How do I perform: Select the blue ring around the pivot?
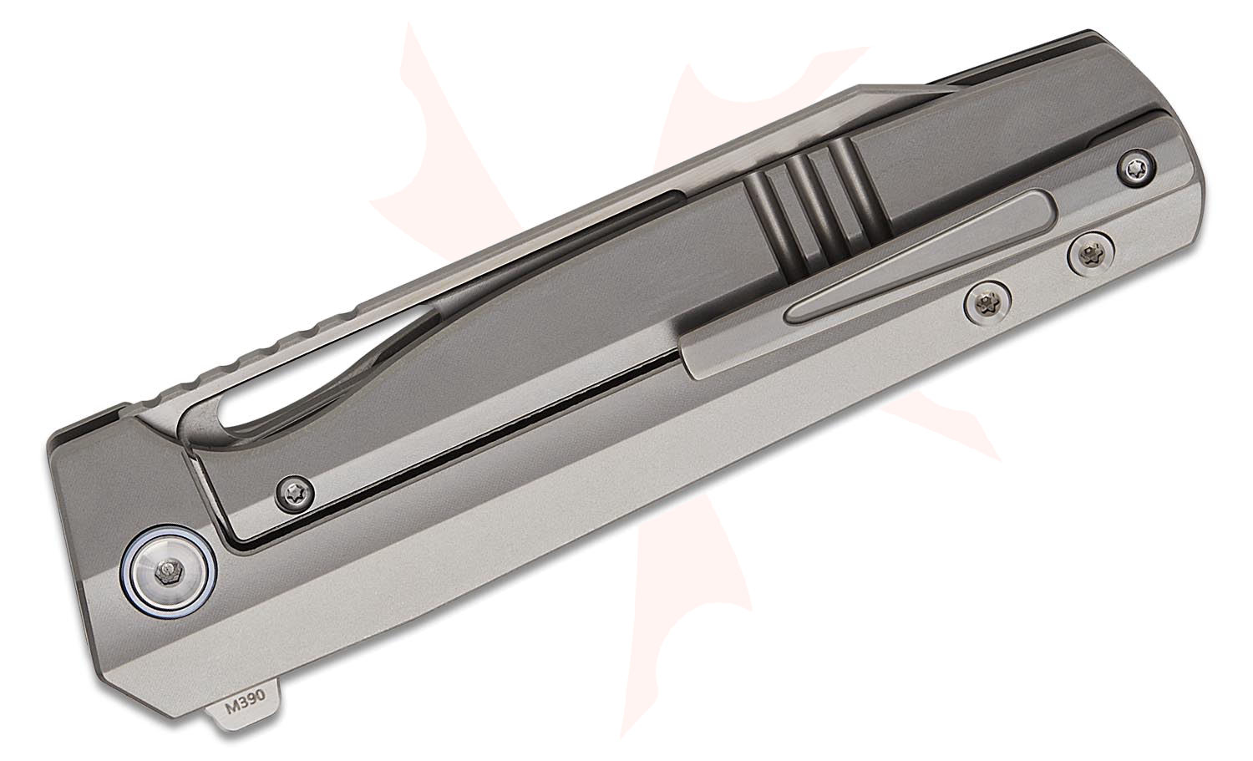click(x=169, y=571)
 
